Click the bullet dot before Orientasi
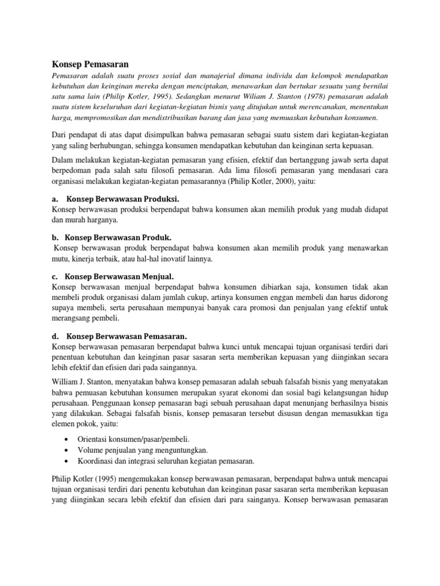pyautogui.click(x=68, y=439)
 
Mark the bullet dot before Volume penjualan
pyautogui.click(x=68, y=450)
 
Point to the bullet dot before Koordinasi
pyautogui.click(x=68, y=461)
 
